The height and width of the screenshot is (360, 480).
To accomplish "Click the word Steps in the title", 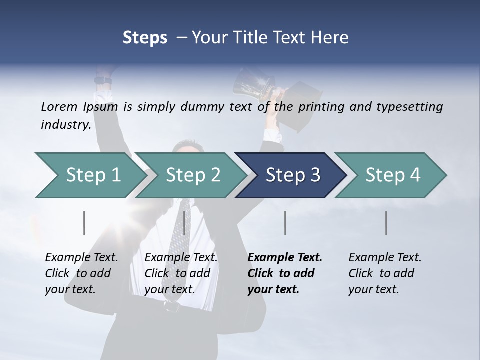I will [x=145, y=37].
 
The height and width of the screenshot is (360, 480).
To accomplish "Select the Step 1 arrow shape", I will [x=90, y=175].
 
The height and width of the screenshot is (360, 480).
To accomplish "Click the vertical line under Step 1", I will [x=84, y=223].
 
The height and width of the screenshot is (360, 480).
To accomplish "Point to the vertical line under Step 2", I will [x=184, y=223].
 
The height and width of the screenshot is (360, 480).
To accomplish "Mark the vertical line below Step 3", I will [x=285, y=223].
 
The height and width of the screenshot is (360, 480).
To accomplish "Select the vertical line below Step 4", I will [x=386, y=223].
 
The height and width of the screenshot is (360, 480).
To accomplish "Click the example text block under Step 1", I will [x=81, y=273].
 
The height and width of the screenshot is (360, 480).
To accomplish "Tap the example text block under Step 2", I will [x=181, y=273].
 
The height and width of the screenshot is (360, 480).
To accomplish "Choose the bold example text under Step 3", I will [x=284, y=273].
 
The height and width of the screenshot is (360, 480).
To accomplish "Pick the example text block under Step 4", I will [x=384, y=273].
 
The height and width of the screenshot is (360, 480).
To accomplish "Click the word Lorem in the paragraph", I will [x=59, y=106].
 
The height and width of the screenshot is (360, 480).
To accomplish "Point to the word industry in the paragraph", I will [x=65, y=124].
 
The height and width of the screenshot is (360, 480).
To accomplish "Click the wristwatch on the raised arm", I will [x=104, y=80].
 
